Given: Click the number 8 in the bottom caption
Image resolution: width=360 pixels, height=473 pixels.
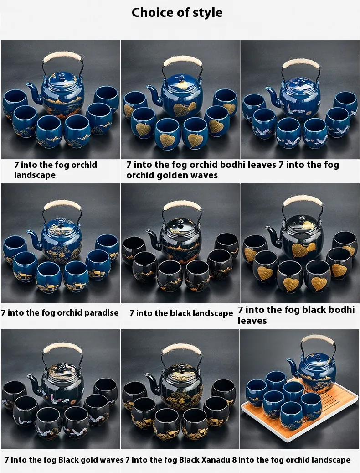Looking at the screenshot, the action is tap(234, 460).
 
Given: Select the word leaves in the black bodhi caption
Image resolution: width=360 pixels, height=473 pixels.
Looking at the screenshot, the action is tap(252, 320).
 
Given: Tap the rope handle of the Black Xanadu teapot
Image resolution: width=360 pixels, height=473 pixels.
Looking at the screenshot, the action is tap(181, 349).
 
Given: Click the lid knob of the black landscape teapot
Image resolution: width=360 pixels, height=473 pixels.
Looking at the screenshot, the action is tap(180, 222).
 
